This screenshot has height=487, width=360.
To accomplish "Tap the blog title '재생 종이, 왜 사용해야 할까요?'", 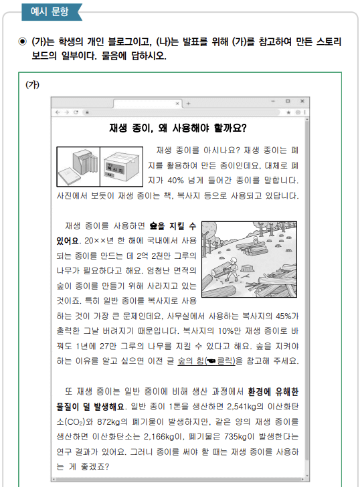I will (177, 128).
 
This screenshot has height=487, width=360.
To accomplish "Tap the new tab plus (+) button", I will (188, 103).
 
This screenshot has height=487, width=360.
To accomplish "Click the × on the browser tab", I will (177, 103).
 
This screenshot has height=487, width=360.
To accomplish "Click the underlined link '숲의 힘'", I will (192, 361).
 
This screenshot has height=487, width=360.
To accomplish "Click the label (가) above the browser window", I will (32, 84).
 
